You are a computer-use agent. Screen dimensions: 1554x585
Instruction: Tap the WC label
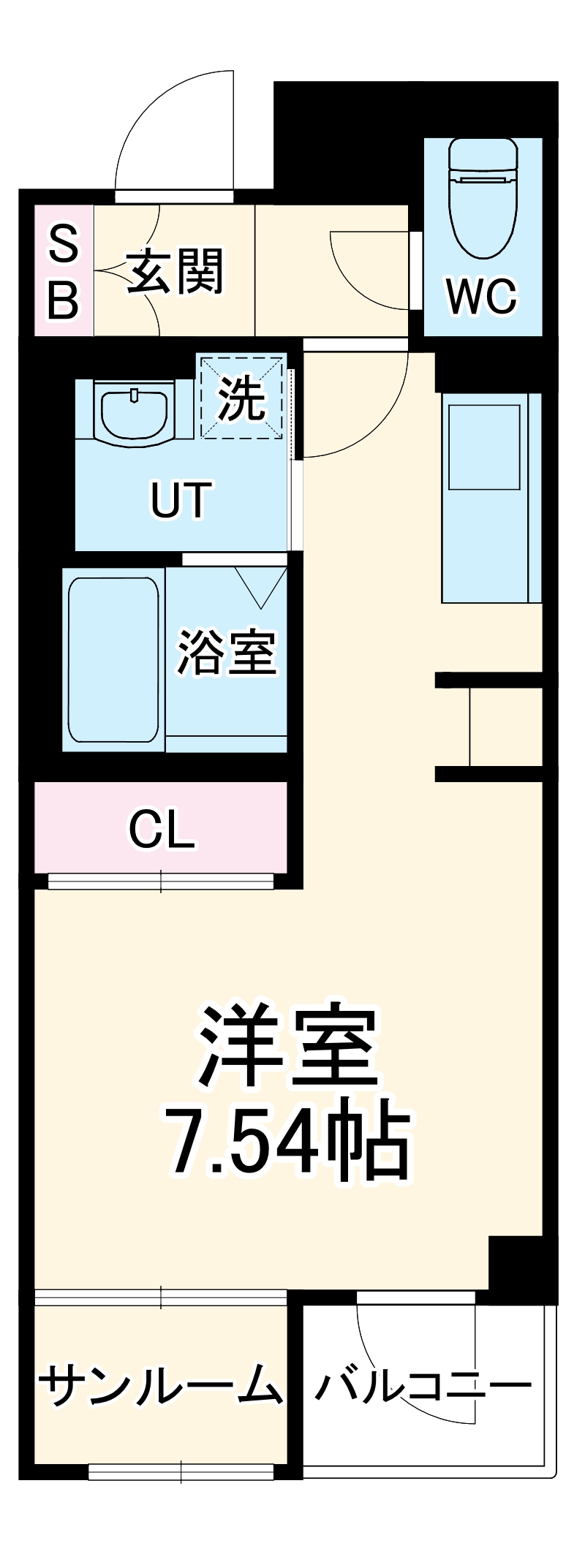483,297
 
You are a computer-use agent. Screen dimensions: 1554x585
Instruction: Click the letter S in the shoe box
63,244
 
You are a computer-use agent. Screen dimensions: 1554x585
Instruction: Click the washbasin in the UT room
135,414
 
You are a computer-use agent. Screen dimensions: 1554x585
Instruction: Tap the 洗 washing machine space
242,398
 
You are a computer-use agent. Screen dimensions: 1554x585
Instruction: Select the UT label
181,500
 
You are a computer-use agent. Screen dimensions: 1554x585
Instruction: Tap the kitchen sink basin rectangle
484,446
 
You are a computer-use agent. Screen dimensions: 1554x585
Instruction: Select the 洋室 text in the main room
288,1045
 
